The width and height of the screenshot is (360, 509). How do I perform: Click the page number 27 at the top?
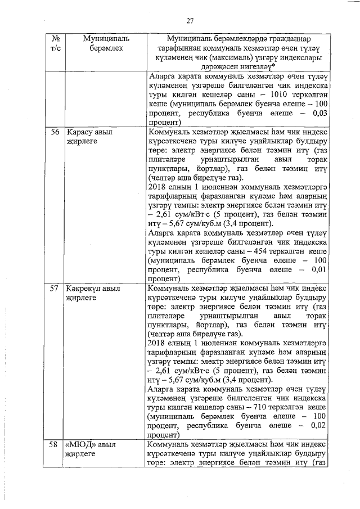[x=190, y=21]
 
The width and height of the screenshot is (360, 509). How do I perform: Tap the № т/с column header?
[x=55, y=44]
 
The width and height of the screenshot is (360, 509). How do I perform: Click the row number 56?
[x=55, y=132]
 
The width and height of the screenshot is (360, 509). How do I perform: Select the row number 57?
[x=55, y=288]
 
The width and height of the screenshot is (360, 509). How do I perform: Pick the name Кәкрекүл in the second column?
[x=85, y=288]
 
